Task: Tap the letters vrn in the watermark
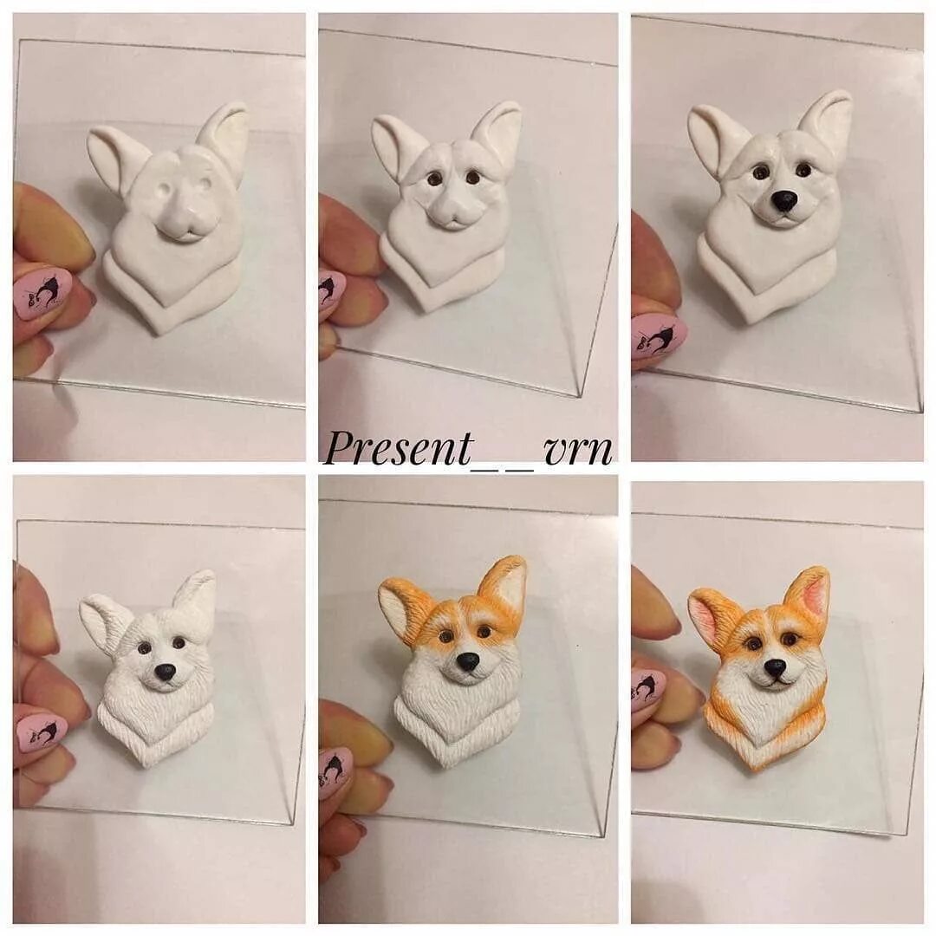tap(578, 449)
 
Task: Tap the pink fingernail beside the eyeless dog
tap(43, 291)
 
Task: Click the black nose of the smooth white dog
tap(784, 201)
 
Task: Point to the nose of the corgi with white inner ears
tap(468, 661)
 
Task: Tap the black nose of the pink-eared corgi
tap(775, 667)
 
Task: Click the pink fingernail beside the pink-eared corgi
tap(647, 689)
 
